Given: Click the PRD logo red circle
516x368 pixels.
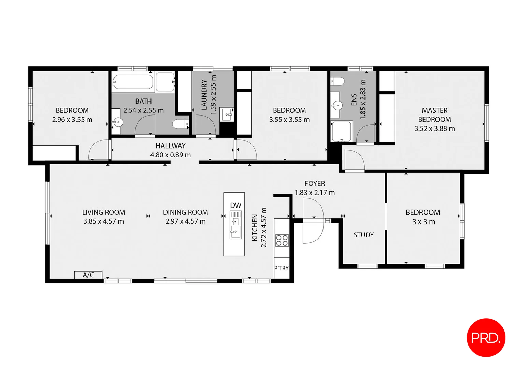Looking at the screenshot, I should [486, 338].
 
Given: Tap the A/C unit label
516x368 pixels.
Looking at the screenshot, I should [88, 275].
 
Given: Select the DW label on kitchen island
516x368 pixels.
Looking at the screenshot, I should [235, 205].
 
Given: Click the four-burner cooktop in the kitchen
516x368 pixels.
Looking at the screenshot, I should [282, 240].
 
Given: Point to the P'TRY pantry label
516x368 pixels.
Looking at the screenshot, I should [282, 268].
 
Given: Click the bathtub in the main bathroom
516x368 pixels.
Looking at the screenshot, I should [133, 82].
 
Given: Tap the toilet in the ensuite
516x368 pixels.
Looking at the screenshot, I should [338, 81].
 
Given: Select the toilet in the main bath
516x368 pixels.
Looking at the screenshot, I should [180, 124].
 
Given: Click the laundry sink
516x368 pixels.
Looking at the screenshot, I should [227, 114].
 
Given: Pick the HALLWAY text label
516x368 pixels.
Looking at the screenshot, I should [170, 146].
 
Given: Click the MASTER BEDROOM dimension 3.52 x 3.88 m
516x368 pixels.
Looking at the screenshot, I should [434, 128].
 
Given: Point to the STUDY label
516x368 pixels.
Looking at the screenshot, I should [363, 235].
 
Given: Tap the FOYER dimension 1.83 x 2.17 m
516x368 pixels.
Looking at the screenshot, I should [315, 193].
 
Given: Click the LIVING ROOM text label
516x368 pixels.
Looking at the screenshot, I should [103, 212].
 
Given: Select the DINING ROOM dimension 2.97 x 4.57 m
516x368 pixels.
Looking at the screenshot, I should [185, 221].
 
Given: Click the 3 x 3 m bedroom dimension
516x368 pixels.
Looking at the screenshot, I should [423, 222].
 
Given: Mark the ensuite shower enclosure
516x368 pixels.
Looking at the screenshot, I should [341, 131].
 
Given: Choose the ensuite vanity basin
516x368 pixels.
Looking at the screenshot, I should [336, 105].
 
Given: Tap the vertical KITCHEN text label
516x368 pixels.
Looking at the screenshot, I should [255, 228].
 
